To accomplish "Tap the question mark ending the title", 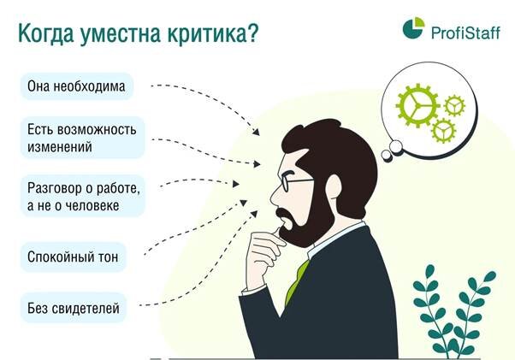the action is coord(252,33).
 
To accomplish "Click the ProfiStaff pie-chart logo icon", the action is coord(413,28).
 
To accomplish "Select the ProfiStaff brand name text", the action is coord(465,32).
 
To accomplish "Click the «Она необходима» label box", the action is coord(77,86).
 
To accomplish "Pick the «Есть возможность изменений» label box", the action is coord(83,138).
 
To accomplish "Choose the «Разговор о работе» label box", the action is coord(83,196).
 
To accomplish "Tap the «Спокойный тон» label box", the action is coord(74,257).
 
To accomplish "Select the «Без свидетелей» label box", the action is coord(74,308).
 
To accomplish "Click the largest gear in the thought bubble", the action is coord(417,106).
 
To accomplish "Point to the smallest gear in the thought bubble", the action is coord(454,106).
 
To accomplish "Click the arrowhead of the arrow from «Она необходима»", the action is coord(256,132).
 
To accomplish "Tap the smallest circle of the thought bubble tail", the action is coord(387,156).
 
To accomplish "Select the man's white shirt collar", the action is coord(338,237).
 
